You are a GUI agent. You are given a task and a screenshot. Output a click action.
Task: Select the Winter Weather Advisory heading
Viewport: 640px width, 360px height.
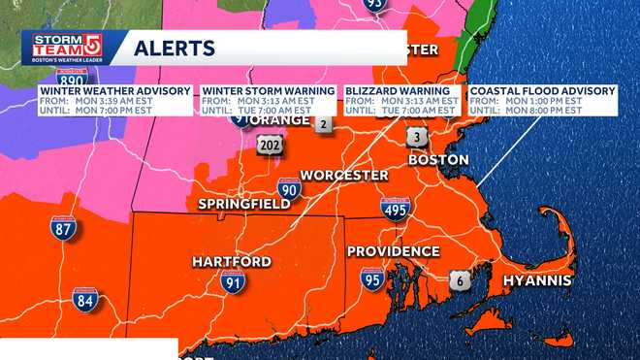115,91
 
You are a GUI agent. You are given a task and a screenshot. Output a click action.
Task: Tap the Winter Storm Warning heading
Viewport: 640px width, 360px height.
269,91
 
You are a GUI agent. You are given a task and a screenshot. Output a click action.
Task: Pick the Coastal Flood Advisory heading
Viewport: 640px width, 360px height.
543,91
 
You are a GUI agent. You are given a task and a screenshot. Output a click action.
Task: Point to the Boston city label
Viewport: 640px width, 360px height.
438,159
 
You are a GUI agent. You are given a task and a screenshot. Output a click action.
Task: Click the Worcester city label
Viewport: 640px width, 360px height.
344,176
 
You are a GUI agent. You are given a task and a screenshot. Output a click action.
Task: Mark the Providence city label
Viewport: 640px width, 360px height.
394,251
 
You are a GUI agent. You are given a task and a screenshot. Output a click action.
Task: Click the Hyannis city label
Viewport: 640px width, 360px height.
536,280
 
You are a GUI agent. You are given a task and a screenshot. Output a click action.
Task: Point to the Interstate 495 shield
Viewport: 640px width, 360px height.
395,209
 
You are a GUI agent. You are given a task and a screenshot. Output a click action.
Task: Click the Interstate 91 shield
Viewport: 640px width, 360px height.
231,282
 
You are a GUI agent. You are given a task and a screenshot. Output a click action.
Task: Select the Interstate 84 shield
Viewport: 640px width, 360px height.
85,300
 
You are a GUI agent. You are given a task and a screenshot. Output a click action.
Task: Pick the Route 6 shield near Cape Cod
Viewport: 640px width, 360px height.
462,281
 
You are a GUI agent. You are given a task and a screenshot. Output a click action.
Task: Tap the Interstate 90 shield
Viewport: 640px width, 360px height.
288,188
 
